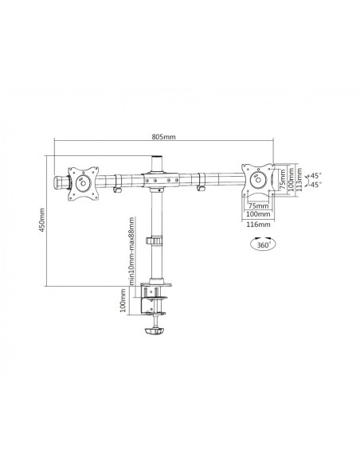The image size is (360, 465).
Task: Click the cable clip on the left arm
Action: [117, 191]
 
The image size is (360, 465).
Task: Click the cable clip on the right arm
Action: [200, 190]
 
